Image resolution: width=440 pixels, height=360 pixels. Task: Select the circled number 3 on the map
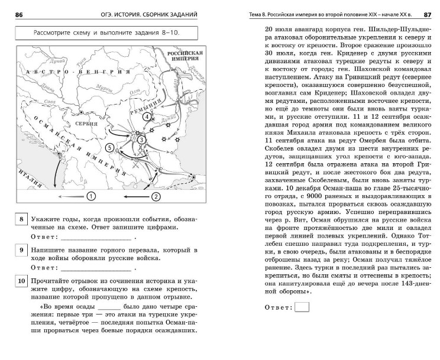141,138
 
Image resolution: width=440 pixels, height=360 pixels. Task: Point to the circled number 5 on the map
109,147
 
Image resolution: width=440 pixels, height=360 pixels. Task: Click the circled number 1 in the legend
90,196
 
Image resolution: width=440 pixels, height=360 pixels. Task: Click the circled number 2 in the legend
156,196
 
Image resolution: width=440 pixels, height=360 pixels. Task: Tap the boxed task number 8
21,220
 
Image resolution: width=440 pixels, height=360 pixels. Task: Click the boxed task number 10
21,281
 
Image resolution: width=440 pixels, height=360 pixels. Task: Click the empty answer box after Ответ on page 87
302,307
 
